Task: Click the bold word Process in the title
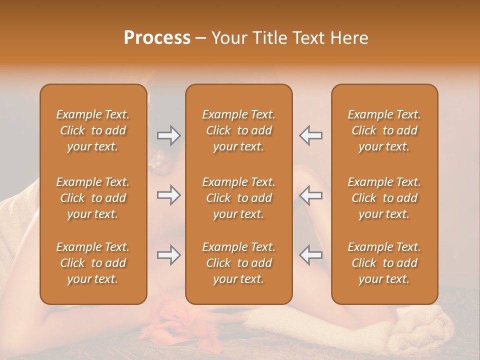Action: coord(157,38)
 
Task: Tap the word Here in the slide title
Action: coord(348,38)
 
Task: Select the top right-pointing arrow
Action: coord(168,135)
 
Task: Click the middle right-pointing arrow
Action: coord(168,195)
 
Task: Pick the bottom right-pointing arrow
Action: coord(168,255)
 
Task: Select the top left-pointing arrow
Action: coord(311,135)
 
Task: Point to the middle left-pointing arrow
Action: coord(311,195)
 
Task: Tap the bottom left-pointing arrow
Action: coord(311,255)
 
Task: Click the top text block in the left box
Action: coord(93,130)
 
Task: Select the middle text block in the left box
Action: coord(93,198)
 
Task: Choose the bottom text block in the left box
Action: coord(93,263)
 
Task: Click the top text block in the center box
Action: coord(238,130)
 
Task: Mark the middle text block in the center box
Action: coord(238,198)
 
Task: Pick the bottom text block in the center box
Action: coord(238,263)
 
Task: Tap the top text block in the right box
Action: coord(384,130)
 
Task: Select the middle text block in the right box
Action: coord(384,198)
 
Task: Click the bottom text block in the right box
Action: coord(384,263)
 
